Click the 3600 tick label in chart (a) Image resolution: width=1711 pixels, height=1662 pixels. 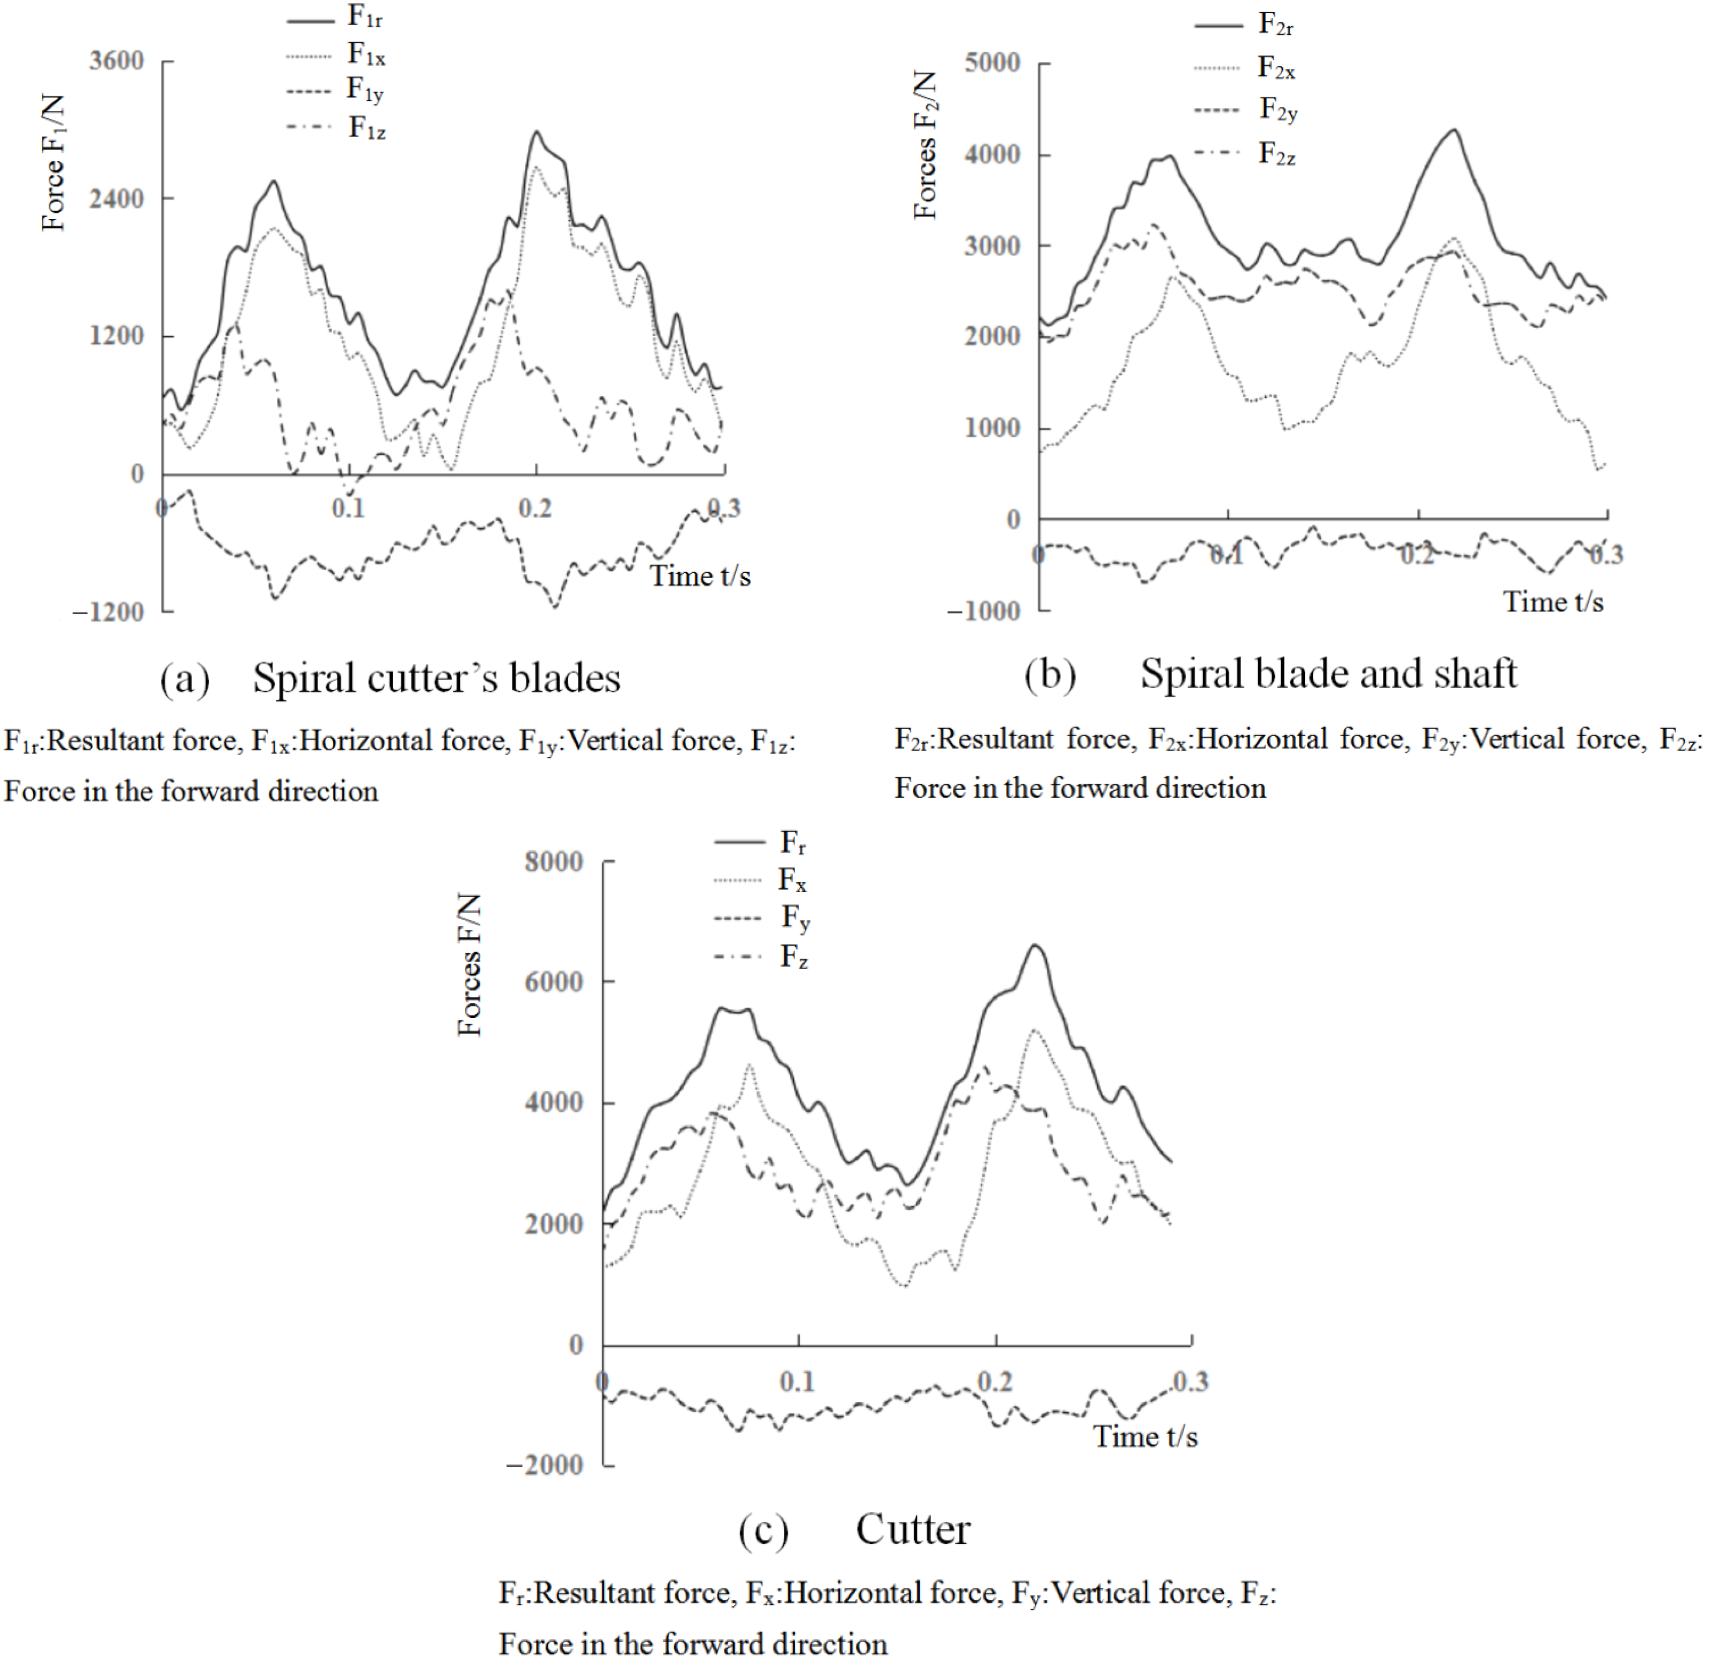pos(116,61)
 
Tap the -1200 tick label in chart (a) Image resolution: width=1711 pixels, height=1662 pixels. pos(107,612)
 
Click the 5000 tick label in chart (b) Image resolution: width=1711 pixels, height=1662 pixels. pos(992,63)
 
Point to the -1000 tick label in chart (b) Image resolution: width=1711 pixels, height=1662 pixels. pos(983,611)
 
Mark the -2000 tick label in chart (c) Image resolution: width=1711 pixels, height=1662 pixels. pos(545,1464)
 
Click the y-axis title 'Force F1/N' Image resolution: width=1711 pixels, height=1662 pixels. pos(54,163)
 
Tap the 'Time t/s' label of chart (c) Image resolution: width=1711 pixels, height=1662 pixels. pos(1145,1436)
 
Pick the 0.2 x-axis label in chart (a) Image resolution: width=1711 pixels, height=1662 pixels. pos(535,508)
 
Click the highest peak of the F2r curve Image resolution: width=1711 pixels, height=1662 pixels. pos(1454,130)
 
